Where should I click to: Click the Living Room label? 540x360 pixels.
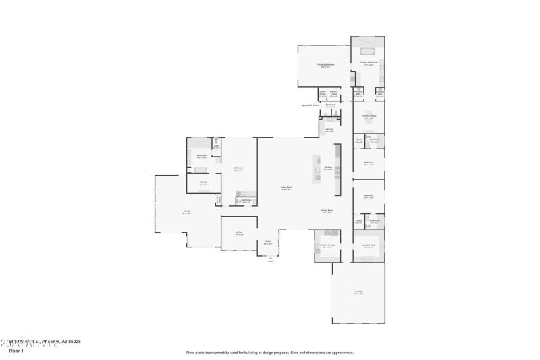[x=286, y=188]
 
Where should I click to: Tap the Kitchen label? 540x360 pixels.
[x=327, y=169]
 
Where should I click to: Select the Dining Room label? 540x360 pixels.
[x=327, y=212]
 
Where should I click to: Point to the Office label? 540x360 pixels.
[x=239, y=234]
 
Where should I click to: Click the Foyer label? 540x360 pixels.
[x=268, y=242]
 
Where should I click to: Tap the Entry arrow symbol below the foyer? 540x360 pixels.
[x=270, y=258]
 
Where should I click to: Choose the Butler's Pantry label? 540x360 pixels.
[x=327, y=246]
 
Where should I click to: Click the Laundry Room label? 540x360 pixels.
[x=369, y=246]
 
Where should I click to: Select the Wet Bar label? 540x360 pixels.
[x=330, y=130]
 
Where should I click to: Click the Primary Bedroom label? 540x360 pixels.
[x=325, y=66]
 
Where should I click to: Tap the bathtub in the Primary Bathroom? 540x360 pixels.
[x=368, y=50]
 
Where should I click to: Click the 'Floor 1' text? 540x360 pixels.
[x=16, y=351]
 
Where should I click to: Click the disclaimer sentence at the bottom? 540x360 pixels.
[x=269, y=352]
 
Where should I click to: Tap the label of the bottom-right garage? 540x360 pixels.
[x=358, y=292]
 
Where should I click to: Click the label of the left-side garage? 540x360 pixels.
[x=186, y=212]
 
